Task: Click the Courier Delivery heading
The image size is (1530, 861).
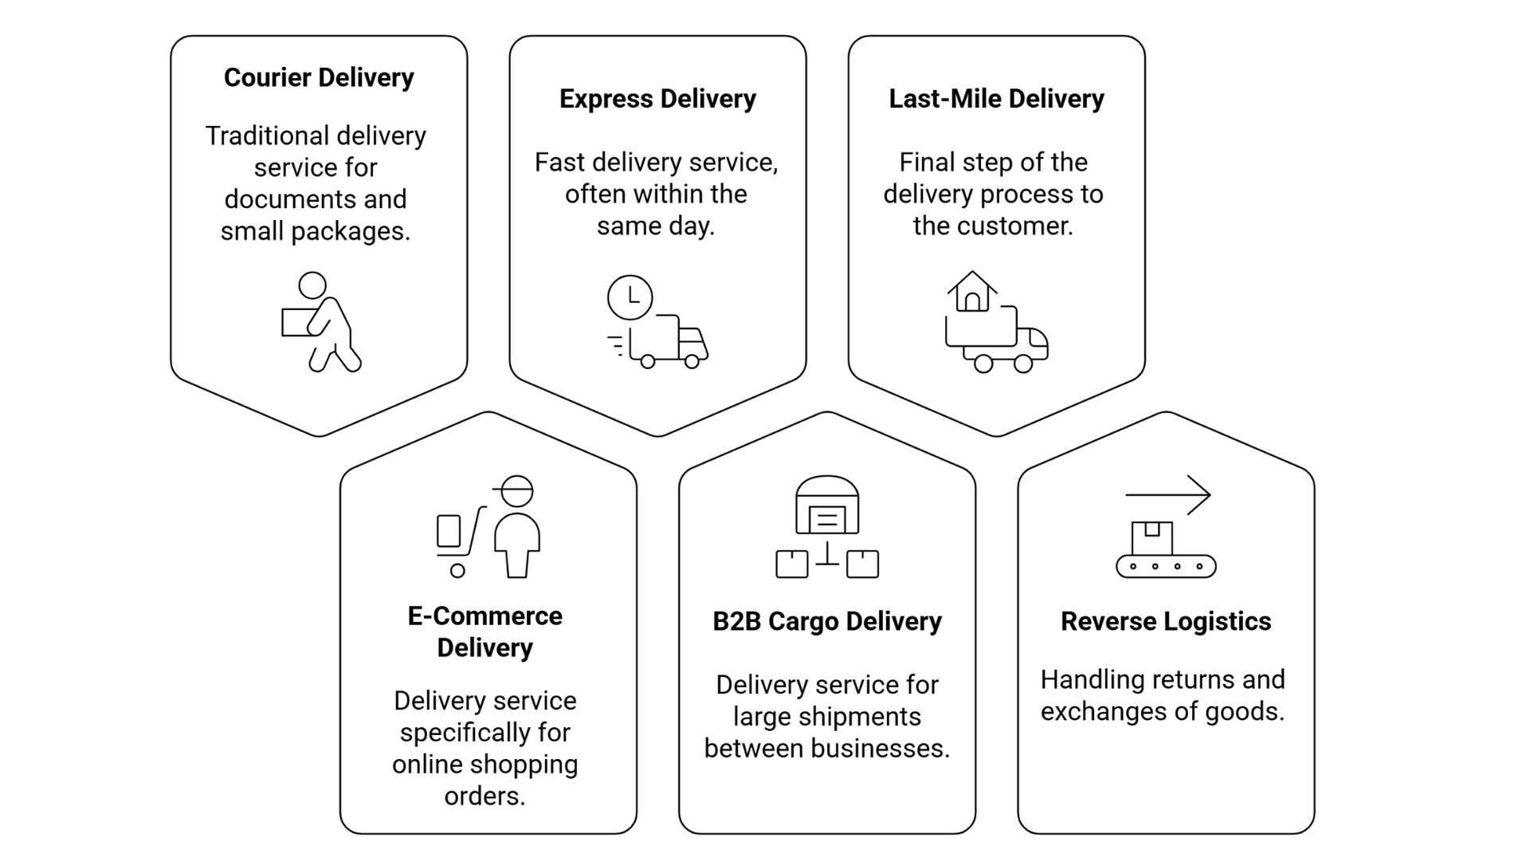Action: (319, 77)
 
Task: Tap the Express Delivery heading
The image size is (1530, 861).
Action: (657, 99)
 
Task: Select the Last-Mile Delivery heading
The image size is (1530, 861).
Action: (996, 99)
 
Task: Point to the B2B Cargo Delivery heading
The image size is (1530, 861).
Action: (826, 621)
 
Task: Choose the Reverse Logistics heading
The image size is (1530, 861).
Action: (1165, 621)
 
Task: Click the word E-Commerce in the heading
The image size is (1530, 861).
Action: (484, 615)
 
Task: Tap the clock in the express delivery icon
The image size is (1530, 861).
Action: (630, 297)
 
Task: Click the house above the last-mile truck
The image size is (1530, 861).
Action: (972, 292)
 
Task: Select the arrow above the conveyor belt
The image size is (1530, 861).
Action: (1168, 495)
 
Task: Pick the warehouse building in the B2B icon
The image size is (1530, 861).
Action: (827, 505)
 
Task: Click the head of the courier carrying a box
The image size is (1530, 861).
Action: (312, 285)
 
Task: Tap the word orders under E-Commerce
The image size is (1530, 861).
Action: (484, 796)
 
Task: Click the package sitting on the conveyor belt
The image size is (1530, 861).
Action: (1152, 538)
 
